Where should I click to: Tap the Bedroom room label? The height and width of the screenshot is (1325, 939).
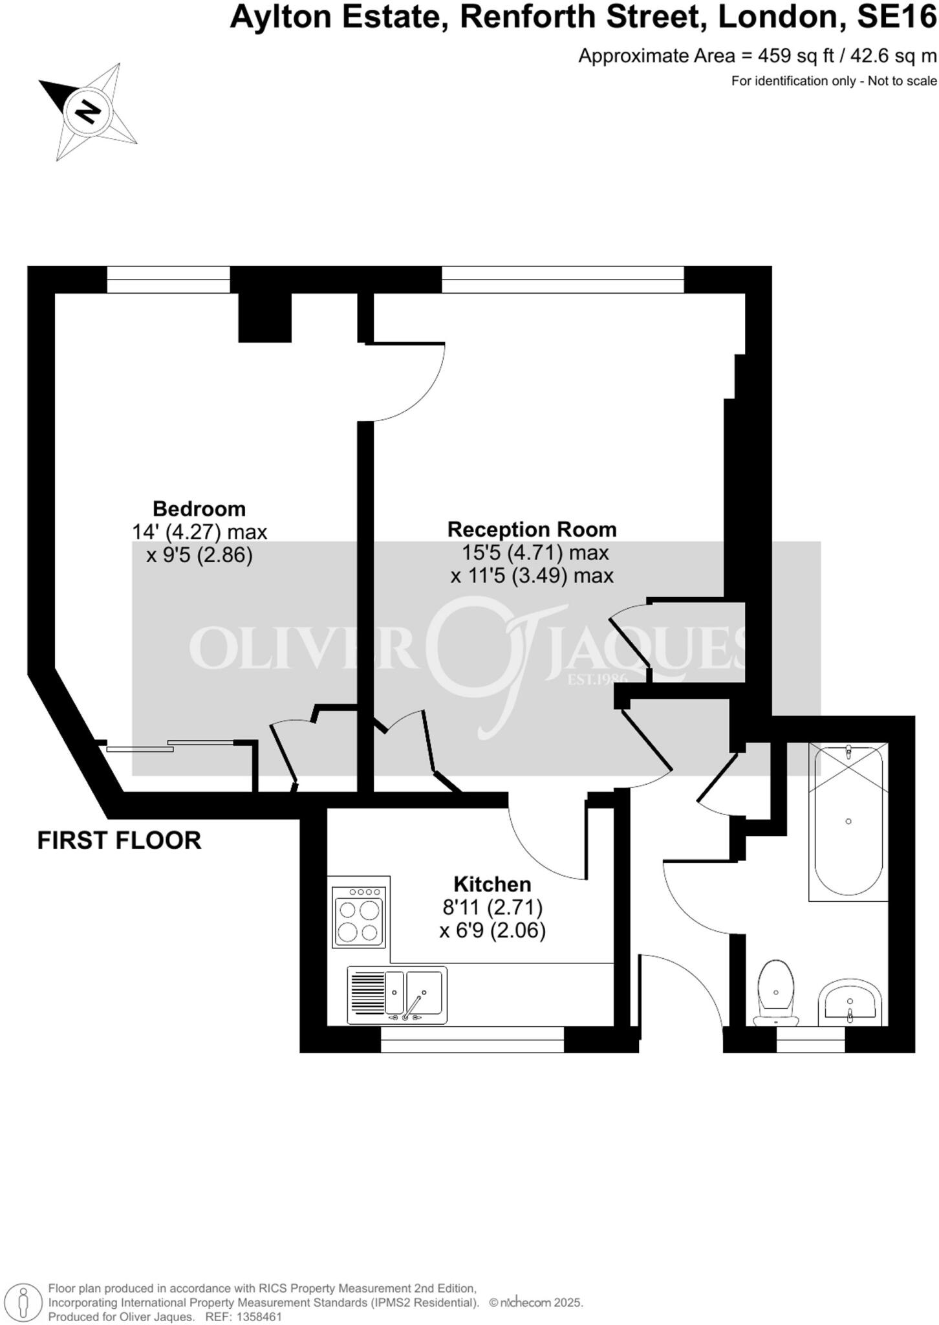[199, 509]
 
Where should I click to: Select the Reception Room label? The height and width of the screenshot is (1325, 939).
[532, 530]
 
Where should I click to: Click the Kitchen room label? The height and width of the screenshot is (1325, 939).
[492, 884]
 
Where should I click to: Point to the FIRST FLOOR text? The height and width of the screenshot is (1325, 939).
[119, 840]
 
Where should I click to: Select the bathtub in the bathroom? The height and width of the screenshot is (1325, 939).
[848, 822]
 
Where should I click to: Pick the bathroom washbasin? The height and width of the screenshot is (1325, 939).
[849, 1003]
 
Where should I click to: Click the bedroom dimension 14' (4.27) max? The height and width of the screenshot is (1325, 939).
[199, 532]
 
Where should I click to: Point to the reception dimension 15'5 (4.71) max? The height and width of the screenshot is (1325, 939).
[535, 553]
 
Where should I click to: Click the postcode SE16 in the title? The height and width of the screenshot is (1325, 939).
[896, 17]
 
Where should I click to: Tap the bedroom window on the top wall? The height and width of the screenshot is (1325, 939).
[168, 279]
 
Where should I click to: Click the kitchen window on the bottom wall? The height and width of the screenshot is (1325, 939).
[472, 1040]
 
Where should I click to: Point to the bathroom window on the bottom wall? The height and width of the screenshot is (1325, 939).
[810, 1040]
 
